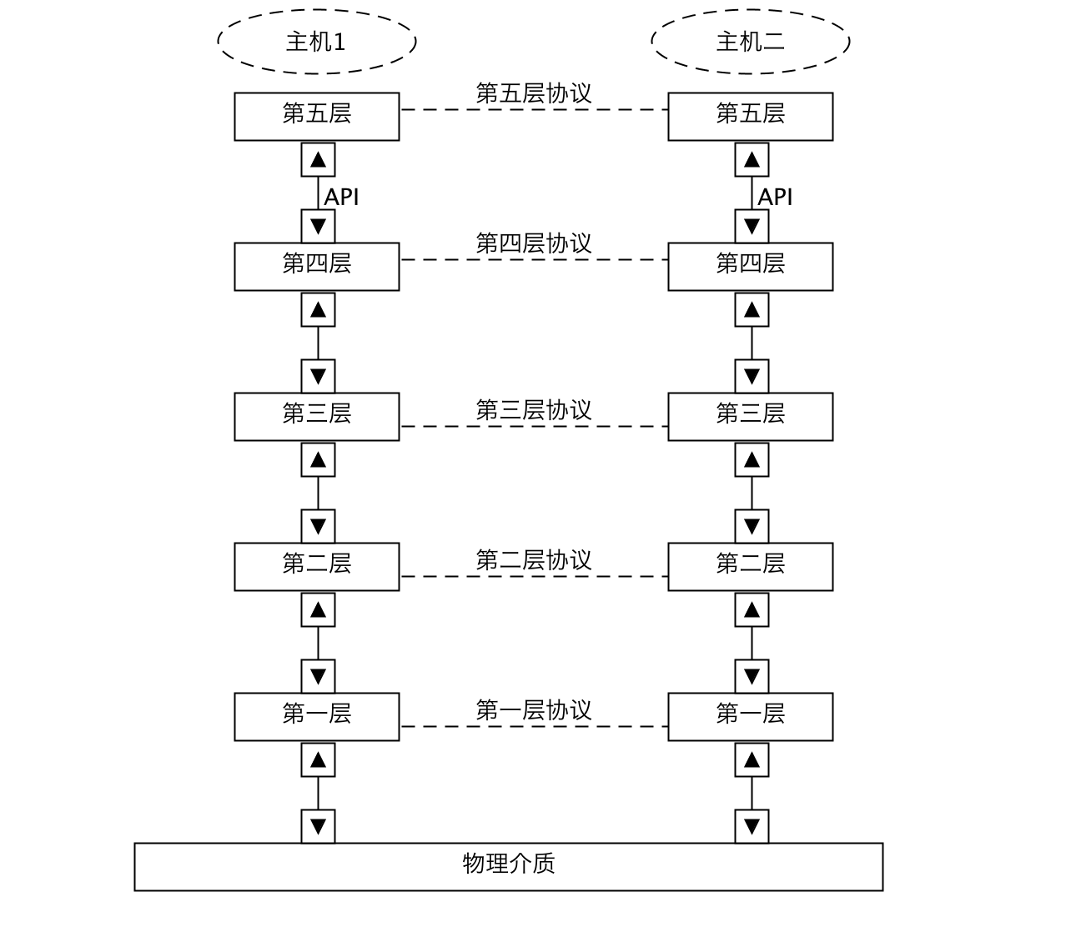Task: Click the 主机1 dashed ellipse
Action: point(317,42)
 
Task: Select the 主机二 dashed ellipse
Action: point(750,42)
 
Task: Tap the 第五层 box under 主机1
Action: point(317,117)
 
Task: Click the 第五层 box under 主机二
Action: point(750,117)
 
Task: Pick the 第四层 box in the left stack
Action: point(317,267)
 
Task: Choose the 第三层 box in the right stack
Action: point(750,417)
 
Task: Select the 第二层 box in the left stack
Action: point(317,567)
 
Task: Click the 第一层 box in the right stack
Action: point(750,717)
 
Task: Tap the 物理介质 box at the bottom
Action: point(509,867)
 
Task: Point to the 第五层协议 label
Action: point(534,93)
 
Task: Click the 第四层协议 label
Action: point(534,243)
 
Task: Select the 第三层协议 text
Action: point(534,410)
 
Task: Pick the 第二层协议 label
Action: point(534,560)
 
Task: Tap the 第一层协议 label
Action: point(534,710)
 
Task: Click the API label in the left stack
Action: point(341,198)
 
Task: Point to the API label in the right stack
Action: point(775,198)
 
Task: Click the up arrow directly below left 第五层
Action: point(318,160)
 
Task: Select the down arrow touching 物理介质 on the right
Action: point(752,826)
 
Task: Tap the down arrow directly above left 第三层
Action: point(318,376)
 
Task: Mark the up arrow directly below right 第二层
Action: point(752,610)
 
